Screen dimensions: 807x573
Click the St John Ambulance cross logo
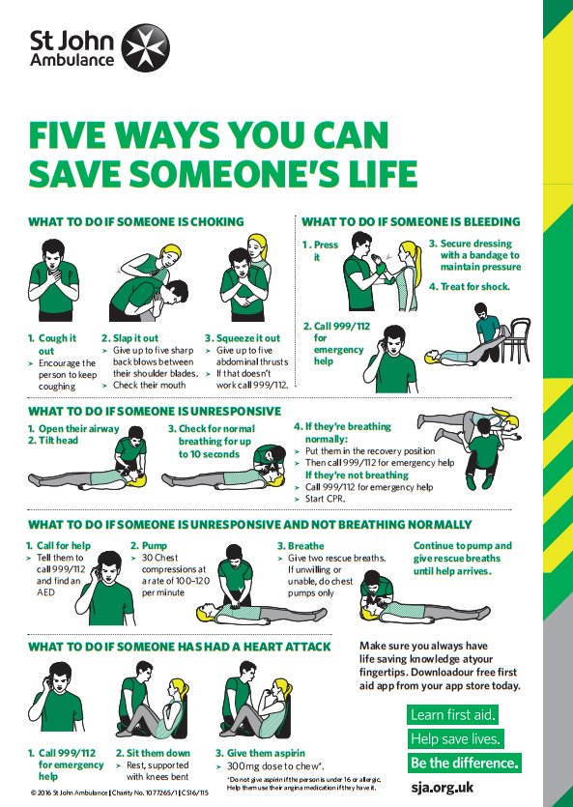[x=145, y=47]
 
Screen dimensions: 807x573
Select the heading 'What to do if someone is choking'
[x=135, y=221]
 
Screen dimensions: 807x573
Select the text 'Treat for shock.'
[x=470, y=286]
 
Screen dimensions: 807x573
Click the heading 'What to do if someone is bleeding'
[x=411, y=221]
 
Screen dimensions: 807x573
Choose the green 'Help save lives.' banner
[x=456, y=739]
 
